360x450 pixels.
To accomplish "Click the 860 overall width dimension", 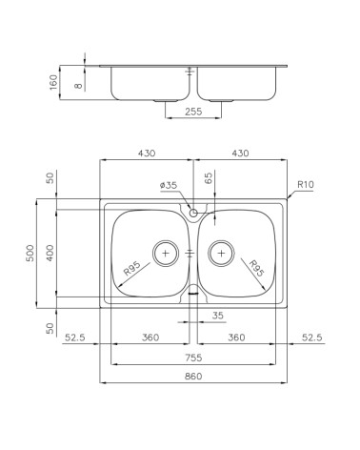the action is point(193,377).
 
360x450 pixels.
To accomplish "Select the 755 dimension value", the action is point(193,358).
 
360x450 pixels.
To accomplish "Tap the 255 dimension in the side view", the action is point(193,112).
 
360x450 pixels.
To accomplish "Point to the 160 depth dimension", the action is point(53,82).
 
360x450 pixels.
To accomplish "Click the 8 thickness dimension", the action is point(78,86).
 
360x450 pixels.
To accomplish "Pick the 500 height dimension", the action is point(30,253).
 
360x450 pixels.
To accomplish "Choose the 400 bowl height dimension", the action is point(50,253).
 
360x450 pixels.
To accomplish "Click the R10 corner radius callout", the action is point(306,184).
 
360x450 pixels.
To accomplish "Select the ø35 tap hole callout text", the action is point(169,185).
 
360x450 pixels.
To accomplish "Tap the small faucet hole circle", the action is point(193,213).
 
